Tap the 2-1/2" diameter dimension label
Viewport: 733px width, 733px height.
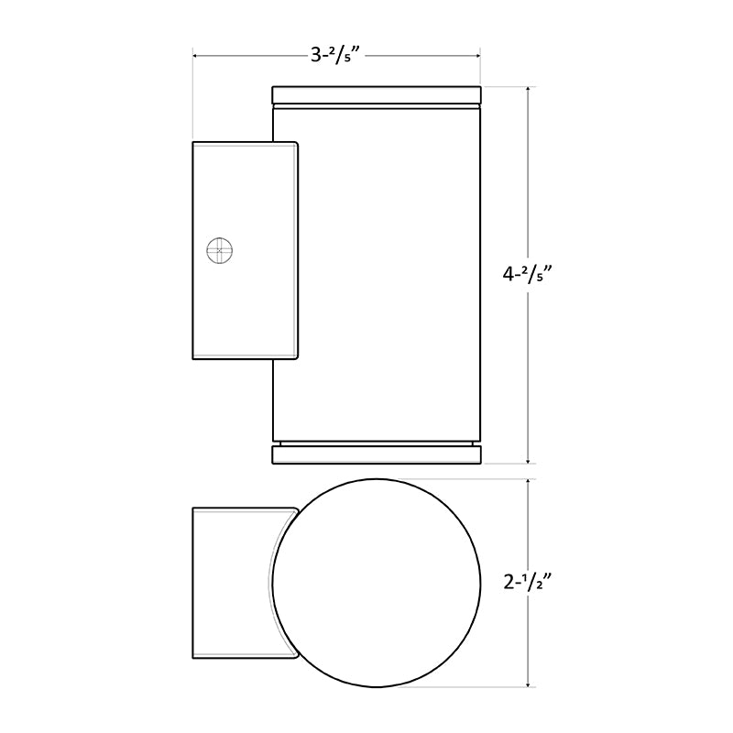tap(530, 582)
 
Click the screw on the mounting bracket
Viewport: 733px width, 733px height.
tap(219, 250)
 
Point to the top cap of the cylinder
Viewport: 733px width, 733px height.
tap(377, 95)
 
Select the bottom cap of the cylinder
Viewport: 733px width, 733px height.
tap(377, 454)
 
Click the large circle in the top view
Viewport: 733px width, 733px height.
tap(377, 582)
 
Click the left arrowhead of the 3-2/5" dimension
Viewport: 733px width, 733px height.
tap(196, 56)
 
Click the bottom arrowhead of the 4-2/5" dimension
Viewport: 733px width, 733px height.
tap(530, 460)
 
